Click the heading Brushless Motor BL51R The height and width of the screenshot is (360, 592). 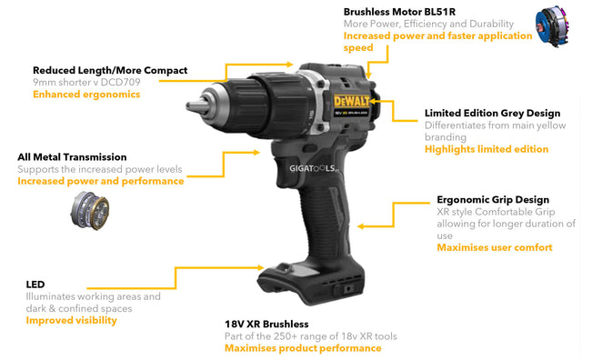(399, 12)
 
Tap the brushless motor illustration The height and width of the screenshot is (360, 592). (552, 26)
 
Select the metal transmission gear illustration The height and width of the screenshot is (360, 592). (90, 211)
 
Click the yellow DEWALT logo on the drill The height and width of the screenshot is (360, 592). (352, 101)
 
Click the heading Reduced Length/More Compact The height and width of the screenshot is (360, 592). (110, 71)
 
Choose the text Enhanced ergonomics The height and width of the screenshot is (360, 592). (86, 95)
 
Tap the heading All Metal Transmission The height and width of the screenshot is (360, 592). (72, 157)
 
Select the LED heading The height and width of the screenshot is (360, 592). (35, 285)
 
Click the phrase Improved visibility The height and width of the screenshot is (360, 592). (71, 320)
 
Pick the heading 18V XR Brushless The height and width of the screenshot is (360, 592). (266, 325)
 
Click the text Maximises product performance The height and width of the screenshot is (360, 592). (303, 348)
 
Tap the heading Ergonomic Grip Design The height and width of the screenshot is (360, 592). (493, 200)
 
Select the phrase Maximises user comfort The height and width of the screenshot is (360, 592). (495, 247)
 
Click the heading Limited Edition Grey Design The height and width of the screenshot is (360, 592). (492, 114)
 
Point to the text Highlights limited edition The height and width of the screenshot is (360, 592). (487, 149)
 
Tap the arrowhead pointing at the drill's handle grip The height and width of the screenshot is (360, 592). (360, 226)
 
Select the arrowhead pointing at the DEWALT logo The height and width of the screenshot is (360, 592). (374, 101)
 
